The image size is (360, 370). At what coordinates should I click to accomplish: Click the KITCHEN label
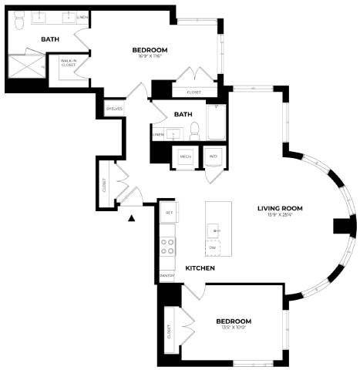(200, 268)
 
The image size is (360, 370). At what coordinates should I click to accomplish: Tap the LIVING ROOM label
(280, 208)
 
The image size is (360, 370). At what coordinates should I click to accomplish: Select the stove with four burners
(167, 247)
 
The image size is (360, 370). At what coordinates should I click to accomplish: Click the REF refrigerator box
(167, 211)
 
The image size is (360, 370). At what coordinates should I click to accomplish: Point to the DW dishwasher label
(212, 247)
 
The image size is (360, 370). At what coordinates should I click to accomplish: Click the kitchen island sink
(217, 230)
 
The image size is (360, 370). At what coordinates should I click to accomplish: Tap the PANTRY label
(167, 275)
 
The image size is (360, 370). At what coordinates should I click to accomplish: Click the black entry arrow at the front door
(133, 218)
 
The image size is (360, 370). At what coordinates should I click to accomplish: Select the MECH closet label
(185, 156)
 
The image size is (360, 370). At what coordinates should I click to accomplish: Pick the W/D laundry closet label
(213, 156)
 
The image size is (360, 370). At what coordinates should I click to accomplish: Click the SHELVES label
(114, 109)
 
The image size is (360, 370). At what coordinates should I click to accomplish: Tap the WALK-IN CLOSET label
(68, 64)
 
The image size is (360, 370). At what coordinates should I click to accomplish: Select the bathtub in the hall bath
(216, 123)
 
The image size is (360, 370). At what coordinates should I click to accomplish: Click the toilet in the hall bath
(194, 131)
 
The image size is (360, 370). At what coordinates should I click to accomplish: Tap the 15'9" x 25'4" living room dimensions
(280, 215)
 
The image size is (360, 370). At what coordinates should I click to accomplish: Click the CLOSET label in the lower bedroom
(169, 332)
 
